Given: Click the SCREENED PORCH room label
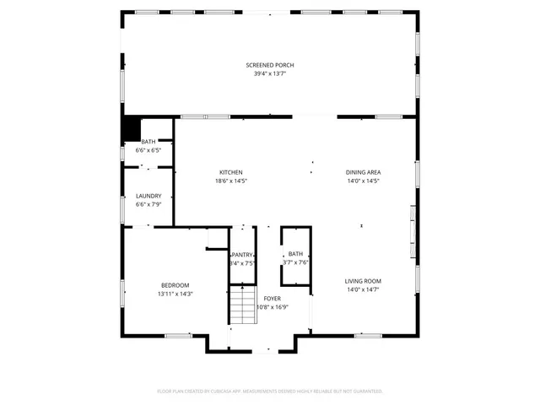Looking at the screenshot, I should tap(270, 65).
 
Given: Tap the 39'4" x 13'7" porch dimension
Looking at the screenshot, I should tap(270, 74).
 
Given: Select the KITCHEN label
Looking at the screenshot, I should tap(231, 172).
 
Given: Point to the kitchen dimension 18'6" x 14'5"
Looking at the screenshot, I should tap(231, 181).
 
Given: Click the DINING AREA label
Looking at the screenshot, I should tap(363, 172).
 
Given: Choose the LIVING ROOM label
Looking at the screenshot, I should tap(363, 281).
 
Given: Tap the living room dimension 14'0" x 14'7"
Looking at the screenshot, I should tap(363, 290).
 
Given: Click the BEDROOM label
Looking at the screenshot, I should tap(175, 285).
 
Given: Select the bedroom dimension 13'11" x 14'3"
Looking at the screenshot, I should tap(175, 294).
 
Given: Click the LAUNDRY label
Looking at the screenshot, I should tap(148, 196).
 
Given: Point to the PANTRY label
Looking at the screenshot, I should tap(243, 254).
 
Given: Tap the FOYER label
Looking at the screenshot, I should tap(272, 299).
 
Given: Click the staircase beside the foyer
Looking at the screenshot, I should tap(242, 305).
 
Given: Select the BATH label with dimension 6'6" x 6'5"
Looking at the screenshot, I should tap(148, 142).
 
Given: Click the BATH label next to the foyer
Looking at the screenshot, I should tap(295, 254).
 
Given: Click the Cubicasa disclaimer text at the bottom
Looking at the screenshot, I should tap(270, 391).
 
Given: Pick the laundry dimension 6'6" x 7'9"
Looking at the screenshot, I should tap(148, 205).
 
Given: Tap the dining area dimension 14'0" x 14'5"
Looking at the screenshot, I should tap(363, 181).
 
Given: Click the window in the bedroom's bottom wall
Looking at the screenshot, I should tap(178, 336).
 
